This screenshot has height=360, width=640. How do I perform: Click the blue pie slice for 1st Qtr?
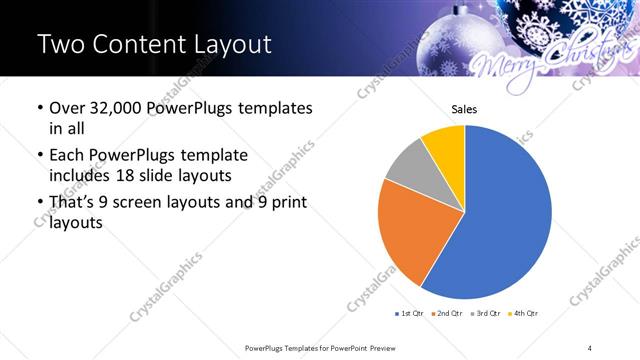coord(510,215)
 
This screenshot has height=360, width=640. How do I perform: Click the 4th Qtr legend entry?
coord(523,314)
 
